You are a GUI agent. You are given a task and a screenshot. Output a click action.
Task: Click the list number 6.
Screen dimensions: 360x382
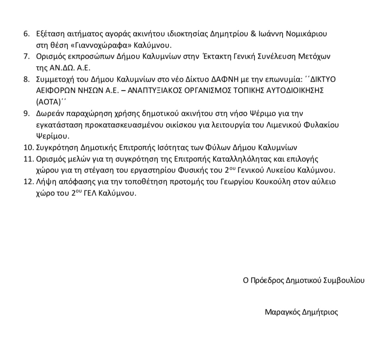(x=26, y=34)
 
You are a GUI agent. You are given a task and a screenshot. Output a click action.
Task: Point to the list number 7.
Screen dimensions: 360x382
(x=26, y=57)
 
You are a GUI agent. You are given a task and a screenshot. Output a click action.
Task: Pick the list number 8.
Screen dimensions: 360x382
(x=26, y=80)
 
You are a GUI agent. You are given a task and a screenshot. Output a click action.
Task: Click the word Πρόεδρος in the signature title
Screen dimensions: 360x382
(x=268, y=280)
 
